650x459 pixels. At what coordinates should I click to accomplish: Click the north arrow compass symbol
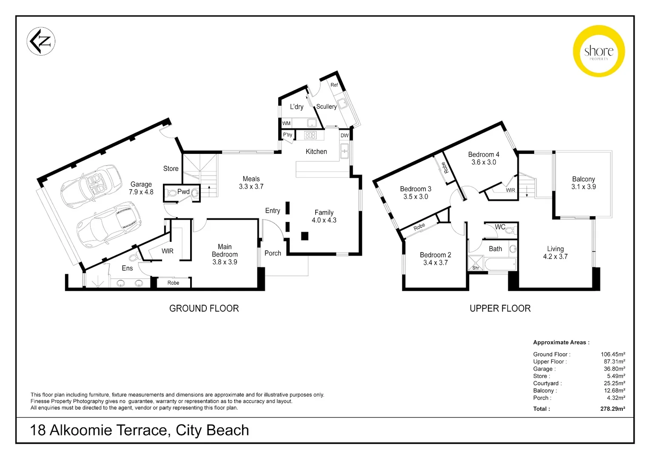click(41, 41)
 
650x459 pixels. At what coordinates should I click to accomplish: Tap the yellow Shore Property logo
click(599, 51)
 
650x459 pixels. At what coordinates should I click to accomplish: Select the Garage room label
click(141, 184)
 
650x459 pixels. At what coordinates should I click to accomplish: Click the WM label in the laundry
click(286, 123)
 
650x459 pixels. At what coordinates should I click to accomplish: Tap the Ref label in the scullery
click(334, 85)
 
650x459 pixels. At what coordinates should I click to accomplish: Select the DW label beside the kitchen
click(345, 136)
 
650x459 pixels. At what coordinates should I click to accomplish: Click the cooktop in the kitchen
click(310, 135)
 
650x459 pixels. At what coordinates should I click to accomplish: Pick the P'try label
click(288, 135)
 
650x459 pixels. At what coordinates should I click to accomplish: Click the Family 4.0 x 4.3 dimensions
click(324, 220)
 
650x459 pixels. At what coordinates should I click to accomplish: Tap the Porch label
click(273, 253)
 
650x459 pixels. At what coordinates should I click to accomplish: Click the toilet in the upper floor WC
click(511, 230)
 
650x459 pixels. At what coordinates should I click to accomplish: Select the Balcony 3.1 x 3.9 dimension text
click(584, 187)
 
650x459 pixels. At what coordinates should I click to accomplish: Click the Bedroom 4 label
click(484, 155)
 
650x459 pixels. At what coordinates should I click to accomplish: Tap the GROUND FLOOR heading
click(204, 308)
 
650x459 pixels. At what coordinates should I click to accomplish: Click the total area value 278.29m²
click(613, 409)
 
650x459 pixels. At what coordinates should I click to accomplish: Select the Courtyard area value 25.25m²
click(614, 383)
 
